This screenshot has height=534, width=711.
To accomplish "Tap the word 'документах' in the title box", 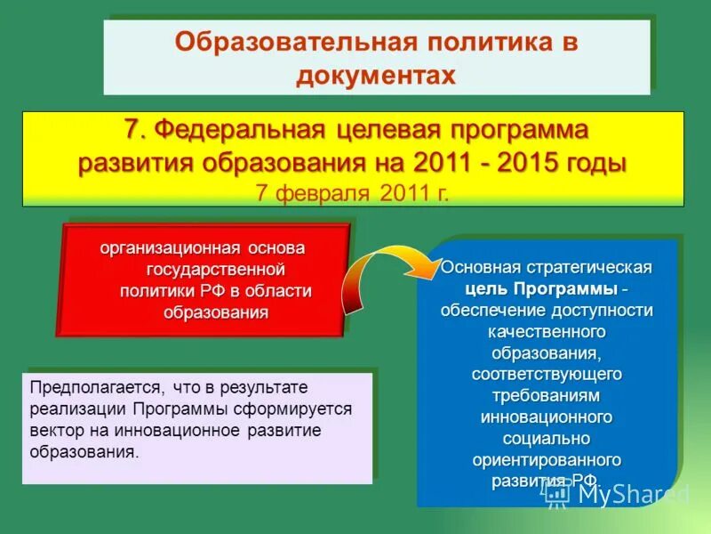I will tap(376, 75).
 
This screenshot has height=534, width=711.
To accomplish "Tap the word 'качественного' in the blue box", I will tap(547, 332).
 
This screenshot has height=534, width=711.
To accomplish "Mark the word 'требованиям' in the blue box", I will tap(547, 396).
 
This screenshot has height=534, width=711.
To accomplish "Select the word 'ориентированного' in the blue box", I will tap(547, 460).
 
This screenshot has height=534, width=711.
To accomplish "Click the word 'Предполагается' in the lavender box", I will tap(95, 388).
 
